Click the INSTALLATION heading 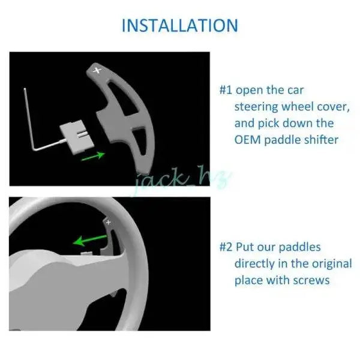pos(180,25)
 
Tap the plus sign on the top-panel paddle pos(97,70)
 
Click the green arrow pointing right pos(93,156)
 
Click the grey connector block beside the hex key pos(77,137)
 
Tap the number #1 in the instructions pos(226,90)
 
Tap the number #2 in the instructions pos(226,247)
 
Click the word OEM pos(247,140)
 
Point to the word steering pos(257,107)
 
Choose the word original pos(332,263)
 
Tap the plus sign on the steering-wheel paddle pos(109,222)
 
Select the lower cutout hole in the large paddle pos(140,140)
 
